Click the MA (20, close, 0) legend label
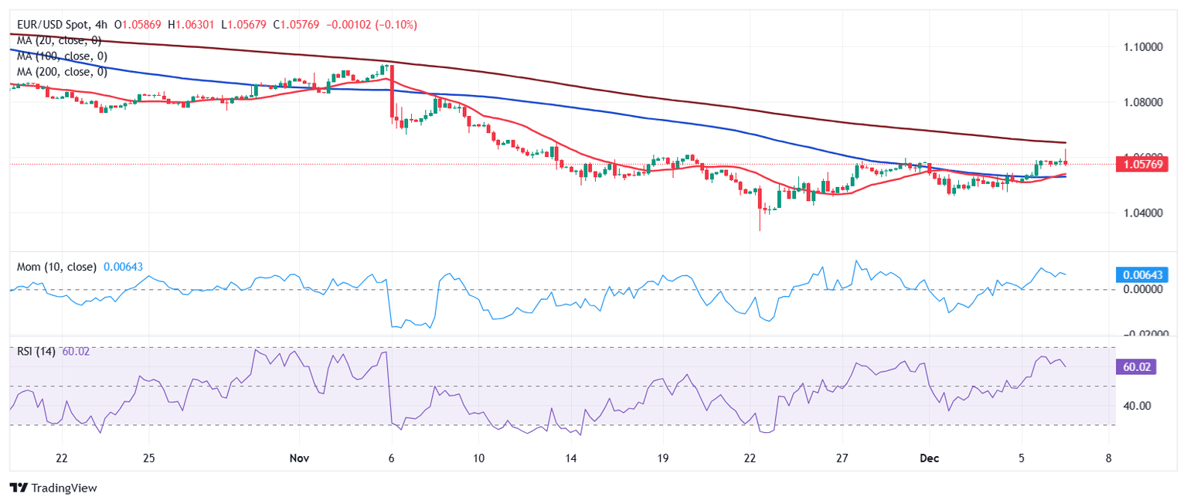point(59,40)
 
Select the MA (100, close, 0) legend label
point(62,56)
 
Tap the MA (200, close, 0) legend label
point(62,72)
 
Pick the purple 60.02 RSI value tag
point(1136,366)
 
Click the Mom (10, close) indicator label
point(57,267)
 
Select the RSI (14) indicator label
point(36,352)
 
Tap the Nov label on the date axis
point(299,458)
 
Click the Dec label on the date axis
point(929,458)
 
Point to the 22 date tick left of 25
point(62,458)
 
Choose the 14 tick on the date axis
point(571,458)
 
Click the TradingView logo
point(53,489)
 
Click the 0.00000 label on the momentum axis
point(1141,289)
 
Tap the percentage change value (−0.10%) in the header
point(396,25)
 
